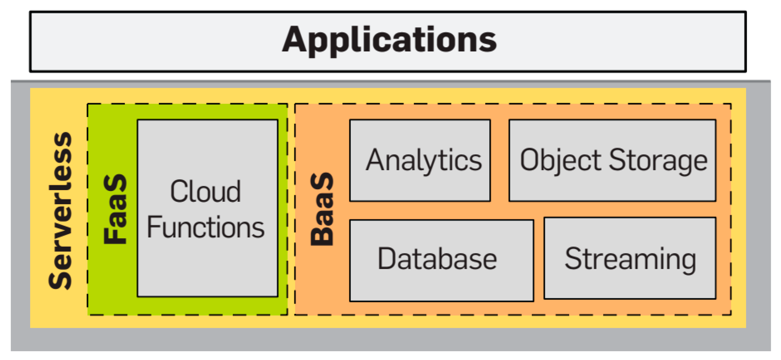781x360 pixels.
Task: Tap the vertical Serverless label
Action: click(x=61, y=211)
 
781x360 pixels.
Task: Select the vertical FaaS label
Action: click(x=115, y=209)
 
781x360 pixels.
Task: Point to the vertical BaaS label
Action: click(x=322, y=209)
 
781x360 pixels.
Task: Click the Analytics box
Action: click(x=420, y=160)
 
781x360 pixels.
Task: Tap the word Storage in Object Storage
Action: click(x=658, y=160)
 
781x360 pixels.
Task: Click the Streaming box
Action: click(x=630, y=258)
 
